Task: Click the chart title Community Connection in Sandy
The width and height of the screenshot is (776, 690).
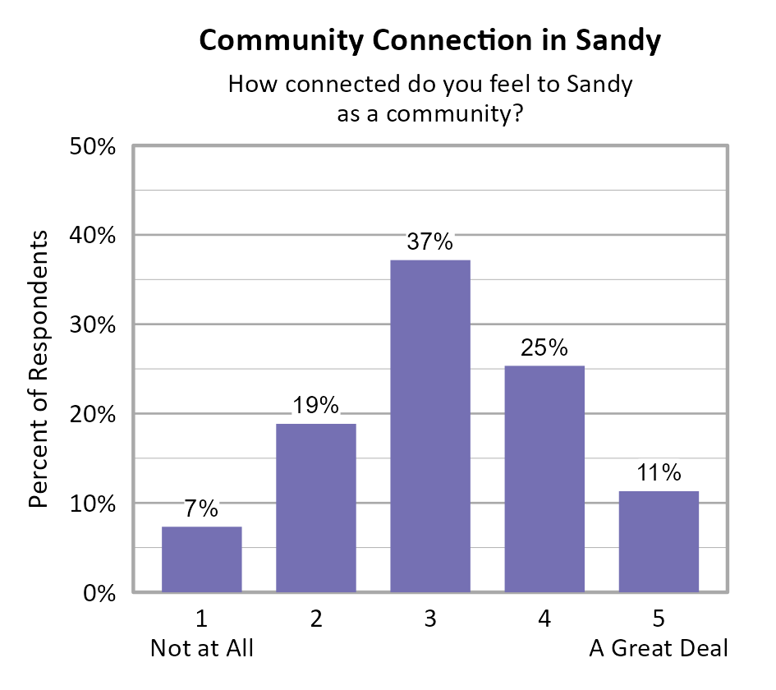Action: coord(429,40)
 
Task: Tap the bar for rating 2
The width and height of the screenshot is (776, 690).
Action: coord(315,508)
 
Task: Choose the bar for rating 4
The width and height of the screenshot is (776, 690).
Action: coord(544,479)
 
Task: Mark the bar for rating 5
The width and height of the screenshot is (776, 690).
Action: coord(659,541)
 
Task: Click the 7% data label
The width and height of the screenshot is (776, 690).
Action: coord(201,508)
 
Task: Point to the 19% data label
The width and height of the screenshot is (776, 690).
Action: coord(315,406)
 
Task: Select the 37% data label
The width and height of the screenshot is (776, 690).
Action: coord(429,242)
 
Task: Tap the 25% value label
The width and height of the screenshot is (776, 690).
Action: coord(544,347)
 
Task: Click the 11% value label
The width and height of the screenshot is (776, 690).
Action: coord(659,473)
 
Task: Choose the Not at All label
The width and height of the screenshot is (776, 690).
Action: coord(202,649)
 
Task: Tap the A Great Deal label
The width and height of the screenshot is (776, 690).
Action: coord(659,649)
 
